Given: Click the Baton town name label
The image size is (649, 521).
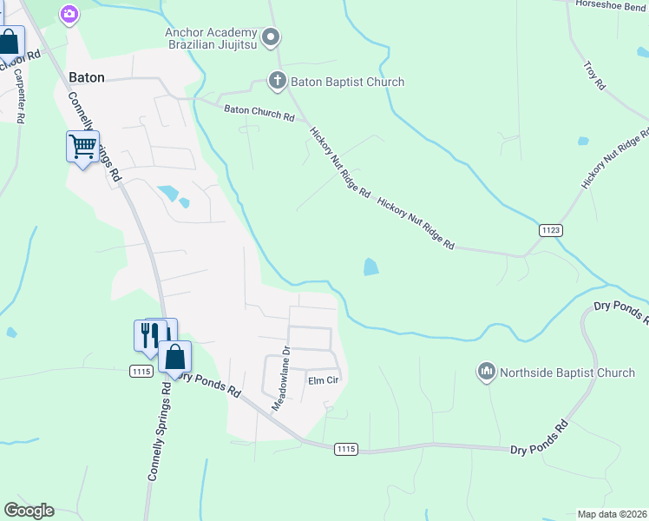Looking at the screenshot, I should pyautogui.click(x=87, y=77).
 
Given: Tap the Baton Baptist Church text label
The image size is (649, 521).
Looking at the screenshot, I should pyautogui.click(x=348, y=82).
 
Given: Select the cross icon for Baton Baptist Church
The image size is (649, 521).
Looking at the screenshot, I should pyautogui.click(x=278, y=82).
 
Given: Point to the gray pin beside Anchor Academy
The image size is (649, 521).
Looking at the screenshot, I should pyautogui.click(x=272, y=36).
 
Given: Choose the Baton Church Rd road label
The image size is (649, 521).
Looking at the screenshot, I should pyautogui.click(x=259, y=113).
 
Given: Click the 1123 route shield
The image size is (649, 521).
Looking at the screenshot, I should pyautogui.click(x=550, y=229).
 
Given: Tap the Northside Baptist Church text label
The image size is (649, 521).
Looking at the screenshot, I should pyautogui.click(x=567, y=373).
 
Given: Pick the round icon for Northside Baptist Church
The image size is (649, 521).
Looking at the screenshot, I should pyautogui.click(x=486, y=373).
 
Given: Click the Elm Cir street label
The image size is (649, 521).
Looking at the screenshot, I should pyautogui.click(x=323, y=380).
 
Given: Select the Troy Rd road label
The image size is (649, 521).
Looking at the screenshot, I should pyautogui.click(x=593, y=75).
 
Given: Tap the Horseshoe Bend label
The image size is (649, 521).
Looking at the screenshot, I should pyautogui.click(x=613, y=4).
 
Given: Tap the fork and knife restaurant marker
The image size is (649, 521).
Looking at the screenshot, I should pyautogui.click(x=149, y=334).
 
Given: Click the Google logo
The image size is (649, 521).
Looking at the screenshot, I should pyautogui.click(x=29, y=511).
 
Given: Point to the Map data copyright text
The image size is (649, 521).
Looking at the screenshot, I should pyautogui.click(x=612, y=514).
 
